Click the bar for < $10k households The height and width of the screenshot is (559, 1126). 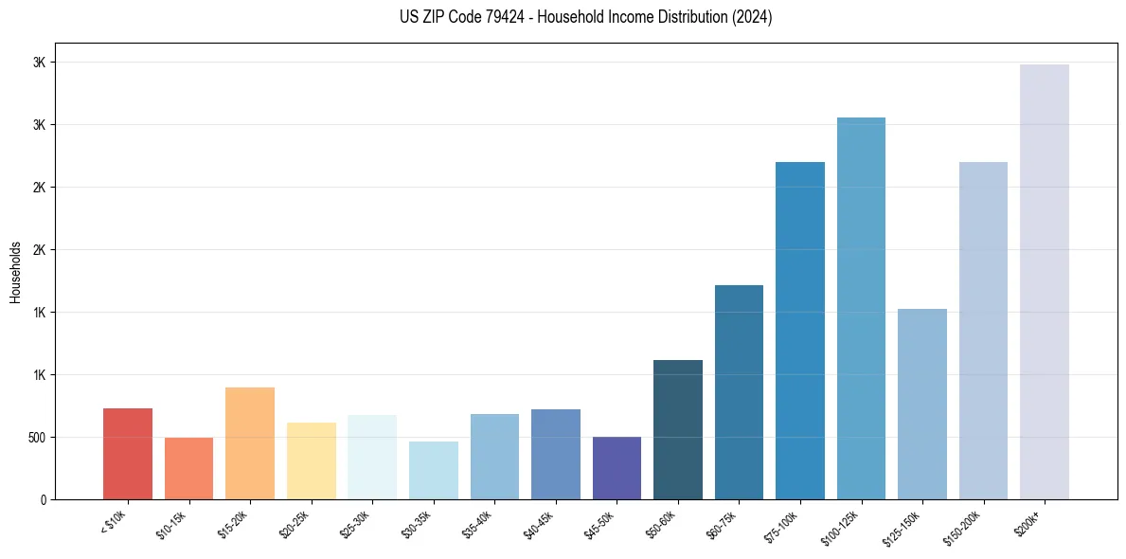pos(128,454)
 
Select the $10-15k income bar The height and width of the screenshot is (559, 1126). pos(188,468)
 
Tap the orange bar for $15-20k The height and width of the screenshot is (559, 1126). pos(250,443)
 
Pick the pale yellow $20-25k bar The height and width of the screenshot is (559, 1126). pos(312,460)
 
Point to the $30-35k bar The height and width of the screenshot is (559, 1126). pos(434,470)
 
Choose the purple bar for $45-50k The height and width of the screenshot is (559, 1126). pos(617,468)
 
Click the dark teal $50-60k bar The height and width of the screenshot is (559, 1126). pos(678,429)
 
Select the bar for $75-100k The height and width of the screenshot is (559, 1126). pos(800,331)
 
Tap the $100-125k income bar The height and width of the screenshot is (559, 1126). pos(861,308)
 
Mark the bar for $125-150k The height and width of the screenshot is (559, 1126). pos(922,404)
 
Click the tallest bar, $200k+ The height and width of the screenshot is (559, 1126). pos(1045,281)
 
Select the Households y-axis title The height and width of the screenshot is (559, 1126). pos(15,272)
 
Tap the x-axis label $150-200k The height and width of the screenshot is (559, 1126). pos(966,525)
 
